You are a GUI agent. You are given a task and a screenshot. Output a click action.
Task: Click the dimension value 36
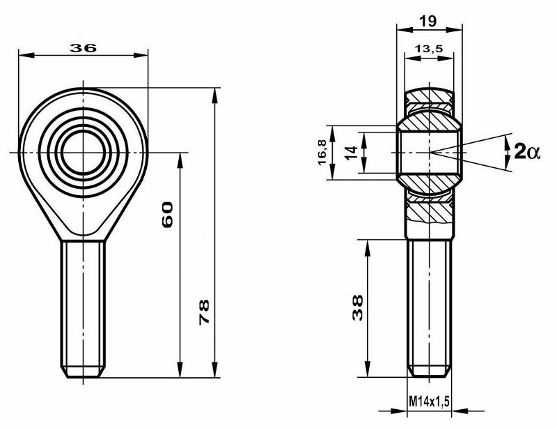pos(84,47)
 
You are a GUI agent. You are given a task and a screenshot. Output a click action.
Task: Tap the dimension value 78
pos(204,310)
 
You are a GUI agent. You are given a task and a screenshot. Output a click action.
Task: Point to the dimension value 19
pos(429,21)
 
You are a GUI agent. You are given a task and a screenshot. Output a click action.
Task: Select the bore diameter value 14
pos(350,152)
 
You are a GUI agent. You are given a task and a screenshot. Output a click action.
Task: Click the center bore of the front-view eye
pos(84,151)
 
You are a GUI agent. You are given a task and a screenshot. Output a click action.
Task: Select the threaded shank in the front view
pos(84,300)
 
